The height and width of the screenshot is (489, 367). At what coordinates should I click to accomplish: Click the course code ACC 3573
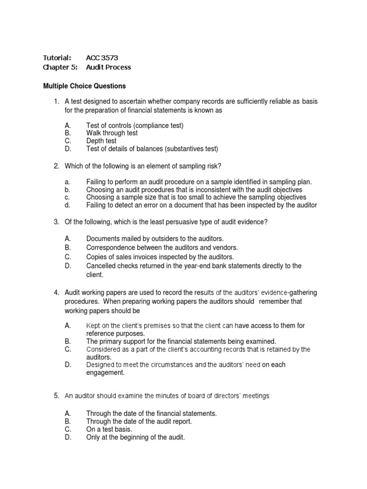(x=102, y=58)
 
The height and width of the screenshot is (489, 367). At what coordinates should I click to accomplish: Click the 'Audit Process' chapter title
(x=108, y=67)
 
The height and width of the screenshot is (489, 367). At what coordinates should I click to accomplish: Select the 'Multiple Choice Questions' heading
(x=85, y=86)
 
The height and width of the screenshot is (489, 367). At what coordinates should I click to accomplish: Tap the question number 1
(x=56, y=101)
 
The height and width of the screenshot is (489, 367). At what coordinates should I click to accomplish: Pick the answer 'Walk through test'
(x=112, y=133)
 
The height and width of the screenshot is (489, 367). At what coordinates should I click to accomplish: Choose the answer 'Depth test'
(x=101, y=141)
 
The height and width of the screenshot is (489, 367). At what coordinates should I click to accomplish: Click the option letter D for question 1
(x=67, y=149)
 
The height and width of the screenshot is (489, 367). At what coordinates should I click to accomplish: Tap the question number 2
(x=56, y=166)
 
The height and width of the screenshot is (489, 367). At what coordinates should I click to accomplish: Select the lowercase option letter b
(x=67, y=190)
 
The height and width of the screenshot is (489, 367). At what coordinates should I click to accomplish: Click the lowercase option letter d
(x=67, y=205)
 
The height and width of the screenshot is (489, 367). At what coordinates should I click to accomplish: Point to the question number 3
(x=56, y=222)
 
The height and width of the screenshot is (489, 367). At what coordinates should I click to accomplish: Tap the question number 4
(x=56, y=292)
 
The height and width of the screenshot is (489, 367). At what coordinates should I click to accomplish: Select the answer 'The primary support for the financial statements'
(x=181, y=341)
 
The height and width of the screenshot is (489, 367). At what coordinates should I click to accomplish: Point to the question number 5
(x=56, y=395)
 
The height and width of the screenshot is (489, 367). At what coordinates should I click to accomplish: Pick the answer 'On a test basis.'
(x=109, y=429)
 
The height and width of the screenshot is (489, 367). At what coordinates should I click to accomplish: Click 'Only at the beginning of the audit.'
(x=135, y=437)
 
